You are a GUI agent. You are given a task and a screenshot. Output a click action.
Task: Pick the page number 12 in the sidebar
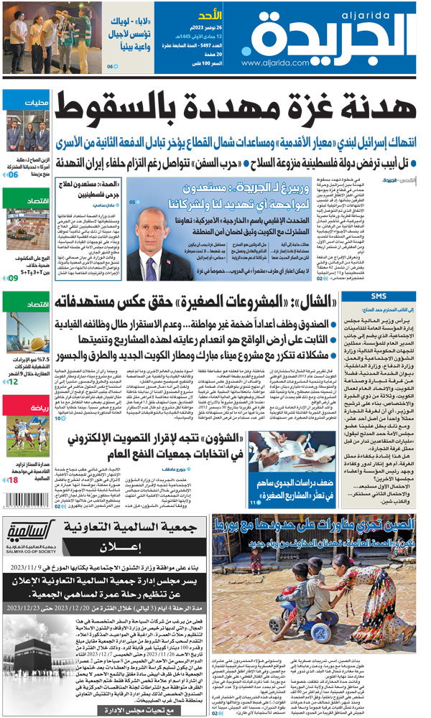pyautogui.click(x=14, y=381)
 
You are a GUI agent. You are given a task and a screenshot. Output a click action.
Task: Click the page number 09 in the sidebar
pyautogui.click(x=14, y=277)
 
